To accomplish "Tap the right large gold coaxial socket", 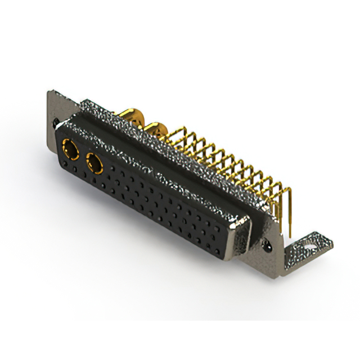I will (x=94, y=165).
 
